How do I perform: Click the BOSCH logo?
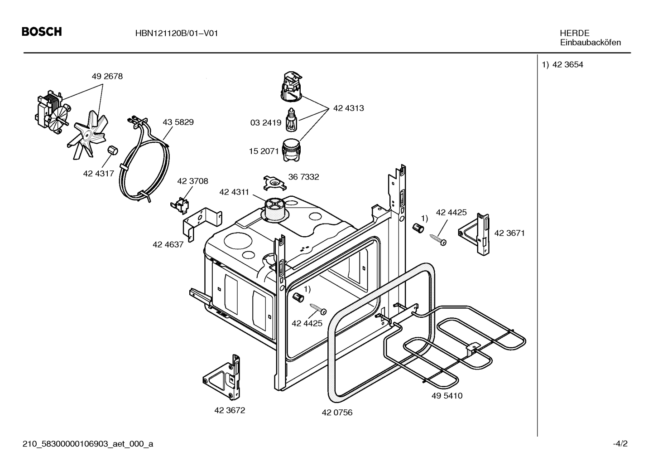point(42,32)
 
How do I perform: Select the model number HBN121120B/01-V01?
point(176,33)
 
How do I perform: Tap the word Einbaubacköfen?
point(591,43)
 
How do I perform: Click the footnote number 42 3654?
point(567,64)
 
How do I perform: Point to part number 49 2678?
point(107,76)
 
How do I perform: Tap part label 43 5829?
point(178,122)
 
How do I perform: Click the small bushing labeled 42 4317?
point(112,151)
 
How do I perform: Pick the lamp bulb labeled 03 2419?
point(291,120)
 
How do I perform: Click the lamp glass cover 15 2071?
point(291,150)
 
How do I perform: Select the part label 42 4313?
point(349,108)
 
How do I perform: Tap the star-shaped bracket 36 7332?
point(274,183)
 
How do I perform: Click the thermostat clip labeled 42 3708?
point(180,205)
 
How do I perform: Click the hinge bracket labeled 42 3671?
point(474,234)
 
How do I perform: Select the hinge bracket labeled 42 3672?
point(222,376)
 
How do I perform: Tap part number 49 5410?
point(447,396)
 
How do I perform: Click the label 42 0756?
point(337,413)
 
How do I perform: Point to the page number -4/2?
point(620,443)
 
